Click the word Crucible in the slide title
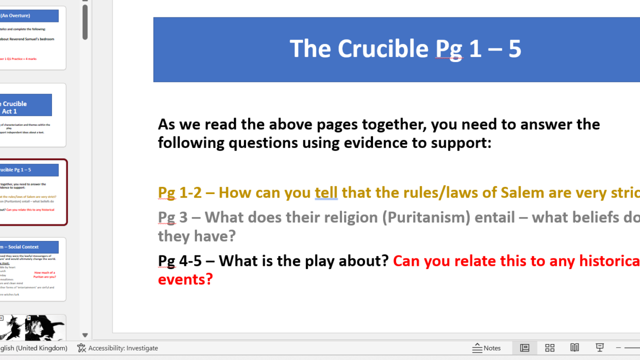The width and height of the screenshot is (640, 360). point(383,48)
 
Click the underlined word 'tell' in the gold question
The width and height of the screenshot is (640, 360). point(326,192)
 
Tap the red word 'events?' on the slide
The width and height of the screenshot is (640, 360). point(185,279)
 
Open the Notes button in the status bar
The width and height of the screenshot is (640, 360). point(486,348)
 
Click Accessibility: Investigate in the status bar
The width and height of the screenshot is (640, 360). point(117,348)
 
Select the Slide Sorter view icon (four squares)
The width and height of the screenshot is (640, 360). point(549,348)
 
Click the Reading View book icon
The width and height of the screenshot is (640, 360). point(574,348)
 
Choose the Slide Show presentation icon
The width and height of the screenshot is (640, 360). point(599,348)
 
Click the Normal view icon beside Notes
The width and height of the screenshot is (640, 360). point(524,348)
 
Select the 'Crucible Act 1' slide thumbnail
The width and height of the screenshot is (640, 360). point(33,115)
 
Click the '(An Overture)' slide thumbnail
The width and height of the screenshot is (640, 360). point(33,38)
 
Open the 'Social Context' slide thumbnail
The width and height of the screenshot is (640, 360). point(33,269)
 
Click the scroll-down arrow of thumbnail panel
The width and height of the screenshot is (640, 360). point(85,335)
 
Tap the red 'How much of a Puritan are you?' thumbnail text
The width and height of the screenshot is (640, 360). point(44,274)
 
